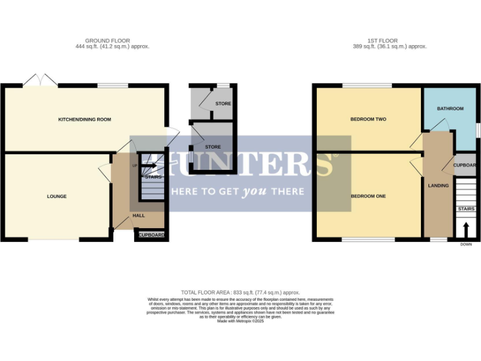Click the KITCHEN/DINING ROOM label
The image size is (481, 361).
coord(85,119)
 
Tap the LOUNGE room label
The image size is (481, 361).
coord(56,196)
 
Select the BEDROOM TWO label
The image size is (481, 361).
coord(368,119)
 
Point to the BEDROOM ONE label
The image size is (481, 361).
coord(368,196)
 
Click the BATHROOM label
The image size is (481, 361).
coord(450,108)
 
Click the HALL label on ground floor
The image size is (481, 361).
coord(138,215)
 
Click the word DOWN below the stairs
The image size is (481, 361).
coord(465,244)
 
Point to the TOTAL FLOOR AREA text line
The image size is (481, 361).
coord(240,292)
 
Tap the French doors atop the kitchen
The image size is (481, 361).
coord(40,81)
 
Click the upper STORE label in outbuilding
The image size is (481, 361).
coord(223,103)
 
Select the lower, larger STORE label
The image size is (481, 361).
coord(213,147)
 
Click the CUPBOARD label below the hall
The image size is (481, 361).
coord(152,235)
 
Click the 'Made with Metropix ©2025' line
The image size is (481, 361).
coord(240,321)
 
